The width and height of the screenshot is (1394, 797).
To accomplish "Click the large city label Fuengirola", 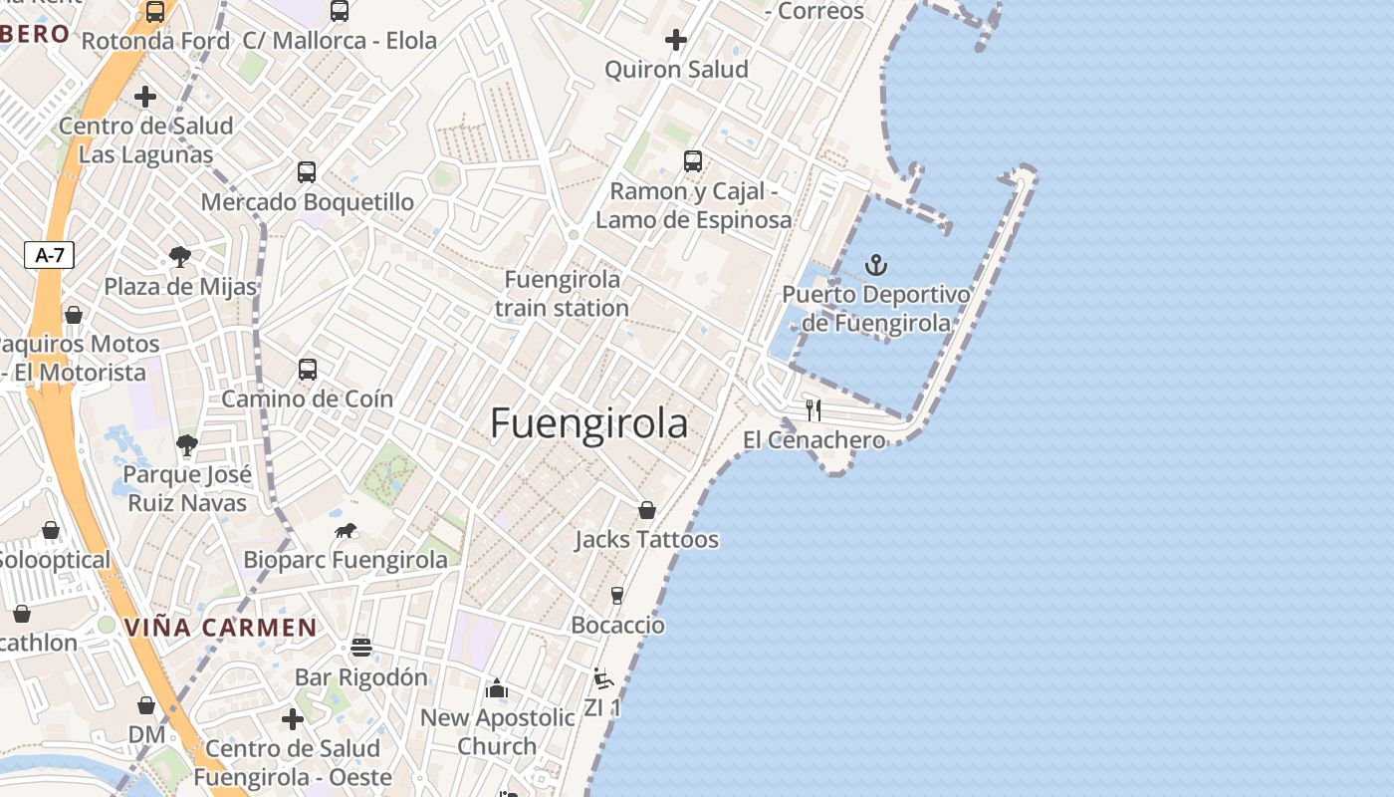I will pyautogui.click(x=588, y=424).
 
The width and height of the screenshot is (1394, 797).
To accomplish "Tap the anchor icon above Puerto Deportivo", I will pyautogui.click(x=876, y=265).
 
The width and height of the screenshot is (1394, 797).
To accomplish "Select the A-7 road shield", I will pyautogui.click(x=50, y=255).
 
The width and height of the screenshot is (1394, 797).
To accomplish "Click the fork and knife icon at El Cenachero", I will pyautogui.click(x=813, y=409).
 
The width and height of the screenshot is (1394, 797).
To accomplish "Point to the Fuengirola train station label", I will pyautogui.click(x=563, y=294).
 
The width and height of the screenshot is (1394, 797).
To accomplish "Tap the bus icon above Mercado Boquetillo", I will pyautogui.click(x=307, y=171).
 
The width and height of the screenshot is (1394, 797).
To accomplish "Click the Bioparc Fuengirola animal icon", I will pyautogui.click(x=346, y=530).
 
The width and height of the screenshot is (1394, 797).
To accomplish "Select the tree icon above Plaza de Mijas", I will pyautogui.click(x=180, y=257).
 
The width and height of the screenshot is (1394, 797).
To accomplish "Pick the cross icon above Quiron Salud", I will pyautogui.click(x=676, y=40).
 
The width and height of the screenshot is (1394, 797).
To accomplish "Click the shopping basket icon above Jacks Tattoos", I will pyautogui.click(x=647, y=510).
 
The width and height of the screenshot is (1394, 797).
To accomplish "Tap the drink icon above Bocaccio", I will pyautogui.click(x=617, y=596).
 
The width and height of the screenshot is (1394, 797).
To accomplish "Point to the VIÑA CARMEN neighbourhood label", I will pyautogui.click(x=221, y=629).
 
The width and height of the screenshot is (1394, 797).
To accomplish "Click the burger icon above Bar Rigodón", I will pyautogui.click(x=361, y=648).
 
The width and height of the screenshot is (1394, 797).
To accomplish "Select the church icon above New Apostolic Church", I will pyautogui.click(x=497, y=688).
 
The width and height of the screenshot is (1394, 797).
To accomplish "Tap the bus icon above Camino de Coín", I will pyautogui.click(x=308, y=370).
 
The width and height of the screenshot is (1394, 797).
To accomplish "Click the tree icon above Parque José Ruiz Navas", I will pyautogui.click(x=186, y=445).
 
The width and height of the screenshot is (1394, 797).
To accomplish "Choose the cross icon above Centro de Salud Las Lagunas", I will pyautogui.click(x=145, y=97).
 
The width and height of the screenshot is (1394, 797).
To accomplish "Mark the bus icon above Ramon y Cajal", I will pyautogui.click(x=693, y=160).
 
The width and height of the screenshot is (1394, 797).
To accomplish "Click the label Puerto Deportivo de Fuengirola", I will pyautogui.click(x=876, y=309).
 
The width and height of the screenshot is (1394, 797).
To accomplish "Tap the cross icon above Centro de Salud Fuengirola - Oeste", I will pyautogui.click(x=293, y=718).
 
